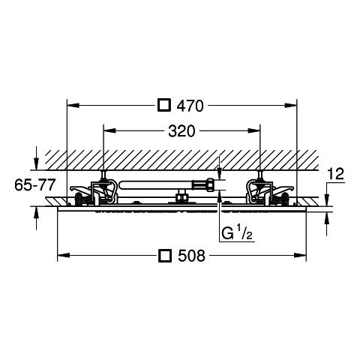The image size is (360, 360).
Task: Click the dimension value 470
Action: [x=190, y=106]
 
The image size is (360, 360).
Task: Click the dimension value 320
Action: [x=181, y=131]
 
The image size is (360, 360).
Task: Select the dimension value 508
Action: [x=191, y=256]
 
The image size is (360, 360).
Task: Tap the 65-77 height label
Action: [x=34, y=185]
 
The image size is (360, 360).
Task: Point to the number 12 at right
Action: [x=336, y=174]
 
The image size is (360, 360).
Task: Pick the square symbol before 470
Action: [x=164, y=105]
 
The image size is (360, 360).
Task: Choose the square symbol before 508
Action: [x=165, y=255]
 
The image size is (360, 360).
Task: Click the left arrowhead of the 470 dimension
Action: [x=73, y=106]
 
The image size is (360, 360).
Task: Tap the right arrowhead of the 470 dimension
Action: [x=290, y=106]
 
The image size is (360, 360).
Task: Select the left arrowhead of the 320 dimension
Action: [x=109, y=130]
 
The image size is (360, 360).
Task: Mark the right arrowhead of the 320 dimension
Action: [x=254, y=130]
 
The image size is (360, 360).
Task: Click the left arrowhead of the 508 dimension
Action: [x=64, y=255]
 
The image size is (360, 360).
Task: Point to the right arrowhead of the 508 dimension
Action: [x=300, y=255]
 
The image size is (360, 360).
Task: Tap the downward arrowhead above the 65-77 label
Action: [x=37, y=164]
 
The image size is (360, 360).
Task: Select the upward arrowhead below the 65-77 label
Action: [x=37, y=213]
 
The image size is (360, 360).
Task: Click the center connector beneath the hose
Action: [x=181, y=196]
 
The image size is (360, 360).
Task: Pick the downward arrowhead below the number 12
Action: [x=326, y=200]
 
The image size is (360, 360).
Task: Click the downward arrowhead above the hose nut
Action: [x=219, y=173]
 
